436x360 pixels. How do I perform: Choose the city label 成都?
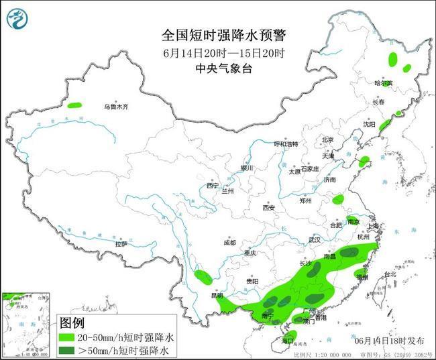(x=229, y=242)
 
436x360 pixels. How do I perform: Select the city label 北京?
(x=327, y=139)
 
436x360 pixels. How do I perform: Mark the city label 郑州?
(x=305, y=200)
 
